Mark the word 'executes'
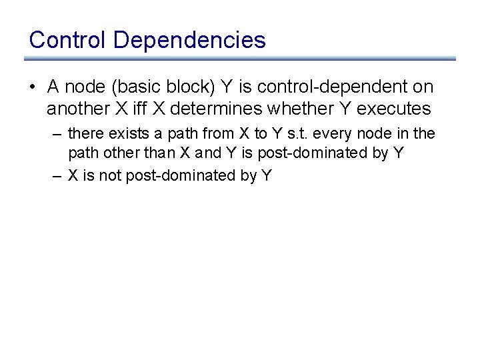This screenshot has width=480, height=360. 396,108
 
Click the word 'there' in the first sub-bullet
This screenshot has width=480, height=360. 85,134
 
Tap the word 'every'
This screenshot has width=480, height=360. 342,134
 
